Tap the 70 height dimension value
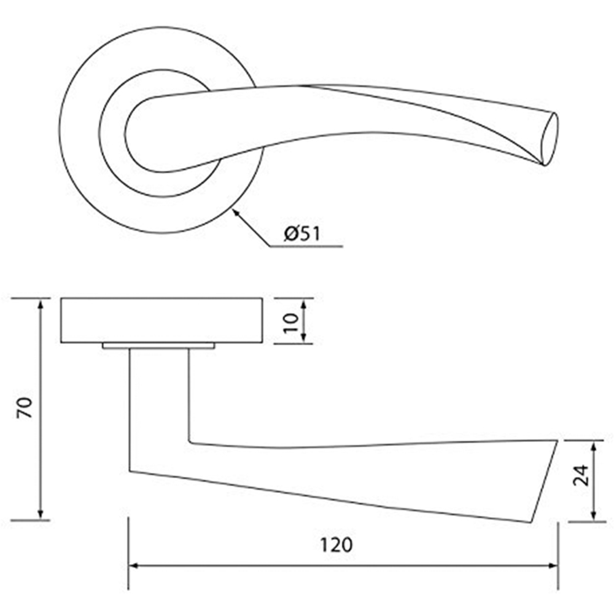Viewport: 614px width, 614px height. (x=25, y=408)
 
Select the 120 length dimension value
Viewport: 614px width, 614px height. (x=336, y=545)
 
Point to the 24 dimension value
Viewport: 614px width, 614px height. (x=581, y=474)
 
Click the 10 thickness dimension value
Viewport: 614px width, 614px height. (x=291, y=321)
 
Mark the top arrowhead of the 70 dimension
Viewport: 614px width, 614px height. (x=42, y=303)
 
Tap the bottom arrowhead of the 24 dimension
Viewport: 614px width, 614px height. (x=593, y=517)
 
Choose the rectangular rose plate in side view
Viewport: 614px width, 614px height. (x=162, y=320)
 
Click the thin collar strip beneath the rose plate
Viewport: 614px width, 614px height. (x=158, y=346)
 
